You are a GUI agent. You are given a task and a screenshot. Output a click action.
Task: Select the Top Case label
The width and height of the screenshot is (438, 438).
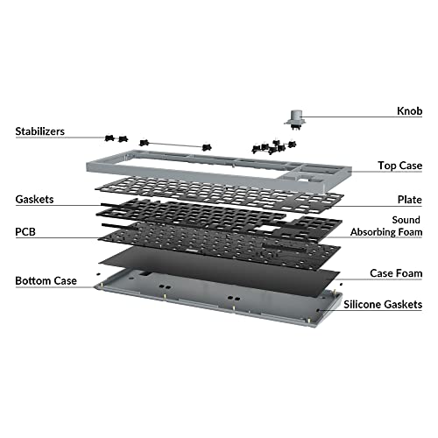[x=399, y=165]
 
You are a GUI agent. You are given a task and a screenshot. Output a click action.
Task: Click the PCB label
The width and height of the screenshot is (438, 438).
[x=26, y=234]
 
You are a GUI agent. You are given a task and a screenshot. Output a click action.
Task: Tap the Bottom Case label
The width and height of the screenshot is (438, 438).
[x=46, y=281]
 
